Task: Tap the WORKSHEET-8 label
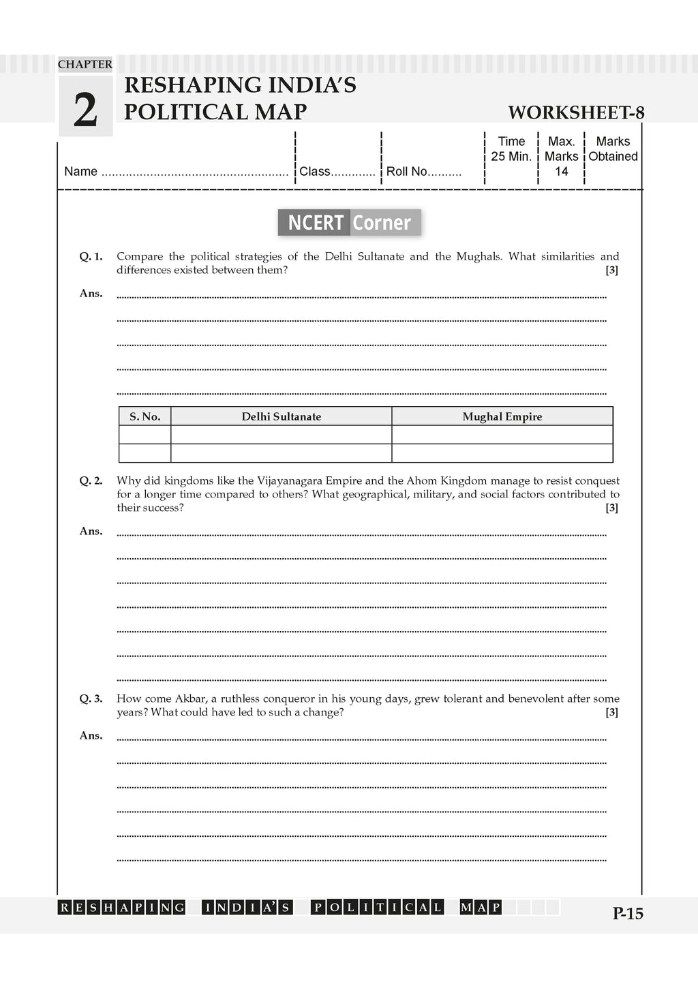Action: click(576, 112)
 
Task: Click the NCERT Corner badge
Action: click(349, 223)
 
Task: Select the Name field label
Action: click(80, 172)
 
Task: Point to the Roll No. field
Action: click(423, 172)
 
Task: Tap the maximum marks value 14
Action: click(561, 172)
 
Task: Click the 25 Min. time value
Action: click(511, 157)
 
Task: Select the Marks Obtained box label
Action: click(613, 149)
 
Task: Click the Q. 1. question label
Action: click(91, 257)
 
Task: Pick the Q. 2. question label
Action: click(91, 481)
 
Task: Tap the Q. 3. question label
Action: click(91, 699)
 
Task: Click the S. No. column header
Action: click(145, 417)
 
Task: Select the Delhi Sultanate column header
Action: click(281, 417)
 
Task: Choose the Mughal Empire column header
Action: click(502, 417)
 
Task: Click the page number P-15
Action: click(628, 914)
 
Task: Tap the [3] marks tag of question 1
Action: click(612, 271)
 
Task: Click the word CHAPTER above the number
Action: click(85, 65)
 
